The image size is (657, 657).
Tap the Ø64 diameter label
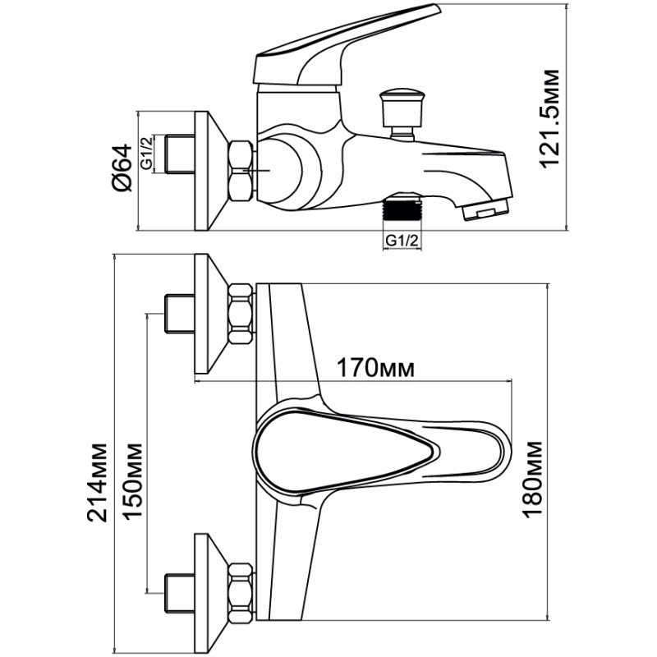tap(122, 168)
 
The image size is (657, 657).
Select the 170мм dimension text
tap(376, 368)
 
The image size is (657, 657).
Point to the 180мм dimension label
tap(533, 480)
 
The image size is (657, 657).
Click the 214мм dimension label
tap(97, 482)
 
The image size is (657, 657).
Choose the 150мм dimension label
tap(132, 481)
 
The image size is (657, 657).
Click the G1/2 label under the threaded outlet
tap(402, 241)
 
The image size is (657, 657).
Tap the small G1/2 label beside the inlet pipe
tap(146, 154)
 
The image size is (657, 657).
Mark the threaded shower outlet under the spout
tap(402, 209)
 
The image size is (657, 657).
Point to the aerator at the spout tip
tap(486, 209)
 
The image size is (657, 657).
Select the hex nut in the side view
tap(241, 172)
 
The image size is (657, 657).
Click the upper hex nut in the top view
tap(241, 315)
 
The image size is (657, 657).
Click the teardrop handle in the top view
tap(347, 452)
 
